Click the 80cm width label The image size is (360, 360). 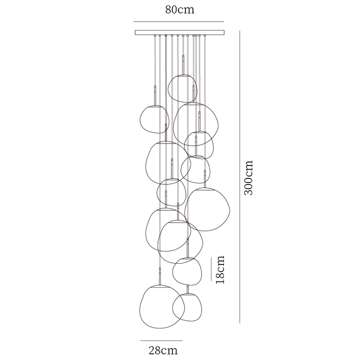(x=180, y=9)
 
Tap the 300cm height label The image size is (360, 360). (x=248, y=178)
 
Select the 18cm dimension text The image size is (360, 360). (x=220, y=269)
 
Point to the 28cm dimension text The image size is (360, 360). (x=163, y=350)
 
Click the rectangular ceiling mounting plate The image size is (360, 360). (x=180, y=32)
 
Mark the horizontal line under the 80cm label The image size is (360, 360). (x=178, y=22)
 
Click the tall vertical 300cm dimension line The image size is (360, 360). (x=239, y=177)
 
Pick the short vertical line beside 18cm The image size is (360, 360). (x=211, y=269)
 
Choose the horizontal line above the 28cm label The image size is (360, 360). (x=161, y=340)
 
